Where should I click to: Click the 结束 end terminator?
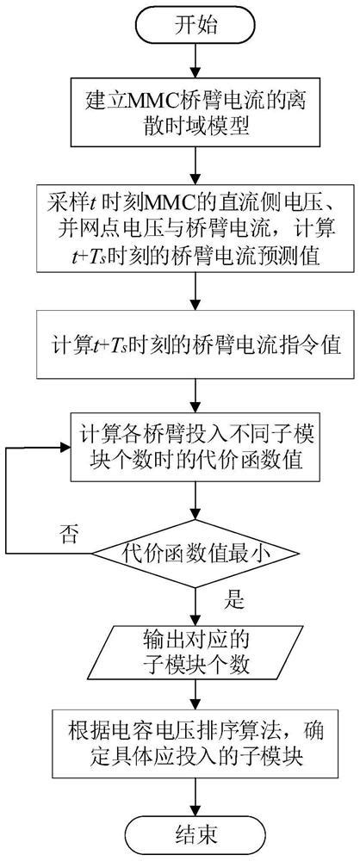(x=197, y=833)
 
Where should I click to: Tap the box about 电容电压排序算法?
(x=198, y=741)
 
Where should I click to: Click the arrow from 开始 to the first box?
(x=198, y=60)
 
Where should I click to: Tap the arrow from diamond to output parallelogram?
(x=198, y=603)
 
